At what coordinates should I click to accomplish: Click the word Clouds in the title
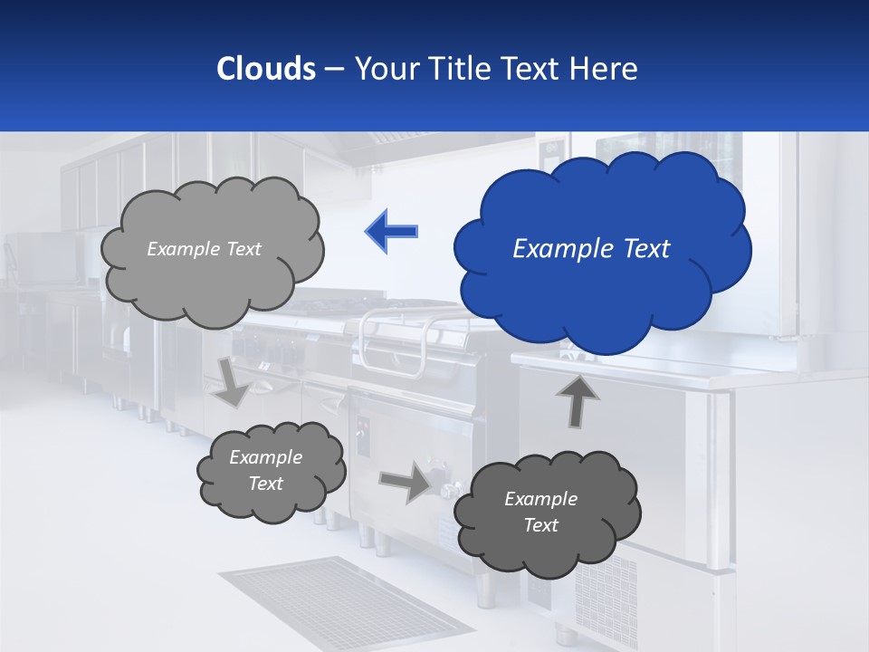[x=265, y=69]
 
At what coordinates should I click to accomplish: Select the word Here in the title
[x=604, y=69]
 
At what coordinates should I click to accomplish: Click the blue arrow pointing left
[x=391, y=231]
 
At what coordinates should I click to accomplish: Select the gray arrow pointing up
[x=577, y=401]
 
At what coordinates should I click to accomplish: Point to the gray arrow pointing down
[x=232, y=381]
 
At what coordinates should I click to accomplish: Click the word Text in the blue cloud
[x=645, y=249]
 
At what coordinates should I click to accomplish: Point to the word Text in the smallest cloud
[x=266, y=484]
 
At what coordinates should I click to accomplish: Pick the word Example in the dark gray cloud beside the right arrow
[x=540, y=499]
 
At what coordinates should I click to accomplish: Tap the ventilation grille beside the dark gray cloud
[x=606, y=589]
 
